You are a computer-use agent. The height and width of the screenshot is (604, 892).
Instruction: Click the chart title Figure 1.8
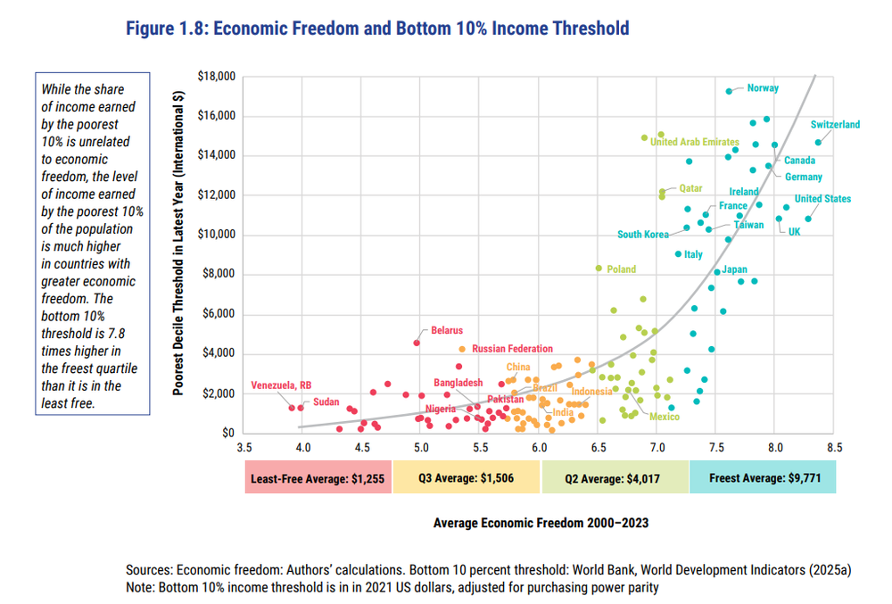coord(379,29)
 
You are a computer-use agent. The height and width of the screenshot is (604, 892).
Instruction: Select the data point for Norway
coord(729,91)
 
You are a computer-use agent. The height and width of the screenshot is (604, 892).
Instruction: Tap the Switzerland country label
coord(835,125)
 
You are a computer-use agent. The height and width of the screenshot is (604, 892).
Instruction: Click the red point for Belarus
coord(417,343)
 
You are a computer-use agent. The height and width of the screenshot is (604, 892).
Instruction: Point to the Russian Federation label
coord(512,349)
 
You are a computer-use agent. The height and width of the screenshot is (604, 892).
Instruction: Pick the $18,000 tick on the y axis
coord(214,77)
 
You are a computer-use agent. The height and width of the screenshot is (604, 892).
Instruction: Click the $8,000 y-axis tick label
coord(217,275)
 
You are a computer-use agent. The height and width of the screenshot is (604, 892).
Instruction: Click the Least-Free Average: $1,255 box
coord(318,478)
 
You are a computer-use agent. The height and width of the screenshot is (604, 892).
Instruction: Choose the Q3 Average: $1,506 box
coord(466,478)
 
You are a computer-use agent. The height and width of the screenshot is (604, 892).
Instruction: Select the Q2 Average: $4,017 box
coord(614,478)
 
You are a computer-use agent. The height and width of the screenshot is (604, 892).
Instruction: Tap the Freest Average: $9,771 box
coord(762,478)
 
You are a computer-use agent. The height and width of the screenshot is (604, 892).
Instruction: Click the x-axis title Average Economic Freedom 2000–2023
coord(541,523)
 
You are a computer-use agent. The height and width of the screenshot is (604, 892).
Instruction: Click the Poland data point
coord(599,268)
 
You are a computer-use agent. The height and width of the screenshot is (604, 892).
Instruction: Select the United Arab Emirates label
coord(695,142)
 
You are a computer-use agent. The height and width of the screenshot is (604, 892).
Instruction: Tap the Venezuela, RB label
coord(281,385)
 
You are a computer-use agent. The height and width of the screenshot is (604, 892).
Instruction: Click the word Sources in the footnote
coord(149,569)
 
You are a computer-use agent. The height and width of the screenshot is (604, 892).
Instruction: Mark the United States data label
coord(822,199)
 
